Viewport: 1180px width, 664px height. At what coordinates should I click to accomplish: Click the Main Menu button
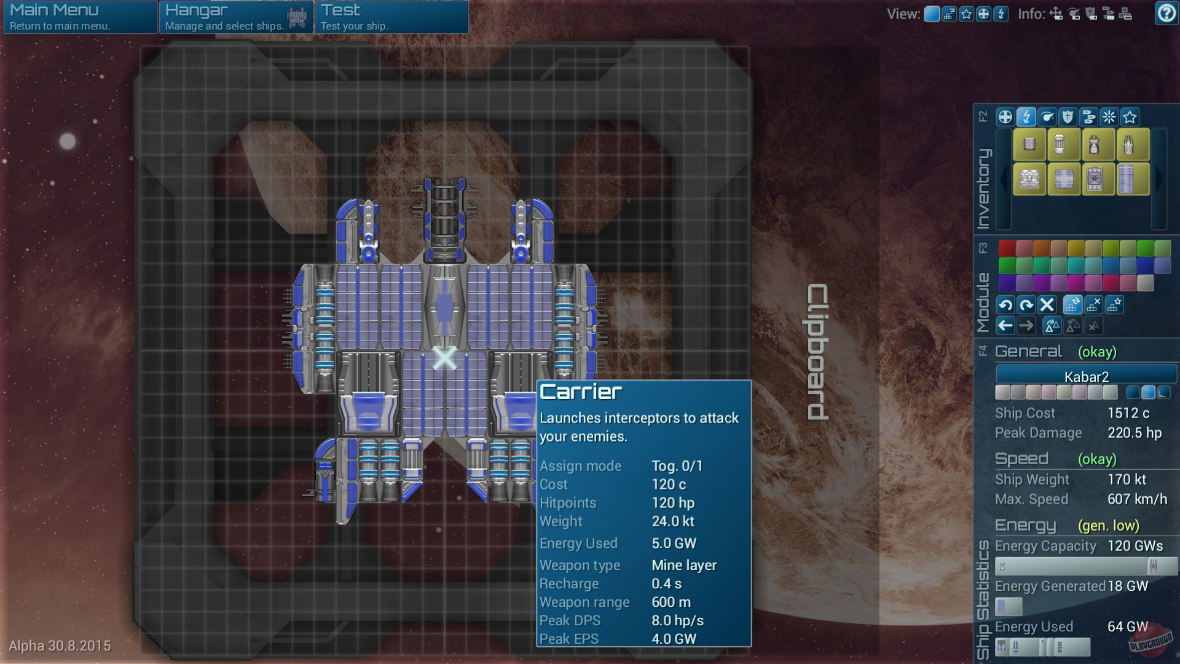[x=80, y=17]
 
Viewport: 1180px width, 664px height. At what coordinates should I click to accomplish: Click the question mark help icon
[x=1166, y=13]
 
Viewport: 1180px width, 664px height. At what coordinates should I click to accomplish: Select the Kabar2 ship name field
[x=1086, y=376]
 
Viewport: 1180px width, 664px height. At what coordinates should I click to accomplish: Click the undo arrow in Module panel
[x=1005, y=304]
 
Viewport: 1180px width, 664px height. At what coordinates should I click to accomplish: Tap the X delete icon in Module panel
[x=1047, y=304]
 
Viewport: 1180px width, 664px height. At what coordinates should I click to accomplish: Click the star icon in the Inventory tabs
[x=1130, y=117]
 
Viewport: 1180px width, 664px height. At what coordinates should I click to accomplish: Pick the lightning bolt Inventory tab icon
[x=1026, y=117]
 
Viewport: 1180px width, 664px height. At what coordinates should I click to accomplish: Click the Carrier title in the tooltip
[x=581, y=392]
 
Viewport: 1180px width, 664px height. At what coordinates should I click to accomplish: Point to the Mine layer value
[x=684, y=565]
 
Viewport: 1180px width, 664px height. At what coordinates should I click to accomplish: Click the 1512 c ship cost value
[x=1128, y=413]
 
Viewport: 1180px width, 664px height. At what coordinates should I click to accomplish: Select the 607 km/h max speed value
[x=1137, y=499]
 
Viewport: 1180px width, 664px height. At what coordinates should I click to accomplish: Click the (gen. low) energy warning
[x=1108, y=526]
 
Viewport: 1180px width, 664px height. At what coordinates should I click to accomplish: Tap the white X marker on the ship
[x=444, y=357]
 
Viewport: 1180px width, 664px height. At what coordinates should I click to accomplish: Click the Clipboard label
[x=817, y=352]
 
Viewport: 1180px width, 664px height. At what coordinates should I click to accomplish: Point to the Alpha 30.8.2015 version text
[x=60, y=646]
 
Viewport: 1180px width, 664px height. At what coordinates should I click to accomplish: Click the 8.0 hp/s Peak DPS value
[x=677, y=620]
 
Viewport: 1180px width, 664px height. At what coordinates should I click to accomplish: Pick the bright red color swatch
[x=1007, y=248]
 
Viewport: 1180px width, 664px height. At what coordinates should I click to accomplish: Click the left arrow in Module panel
[x=1005, y=326]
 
